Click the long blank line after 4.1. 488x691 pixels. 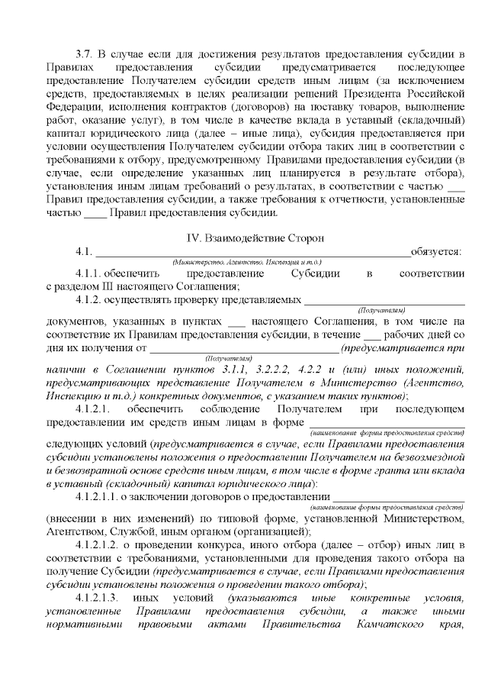coord(252,253)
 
